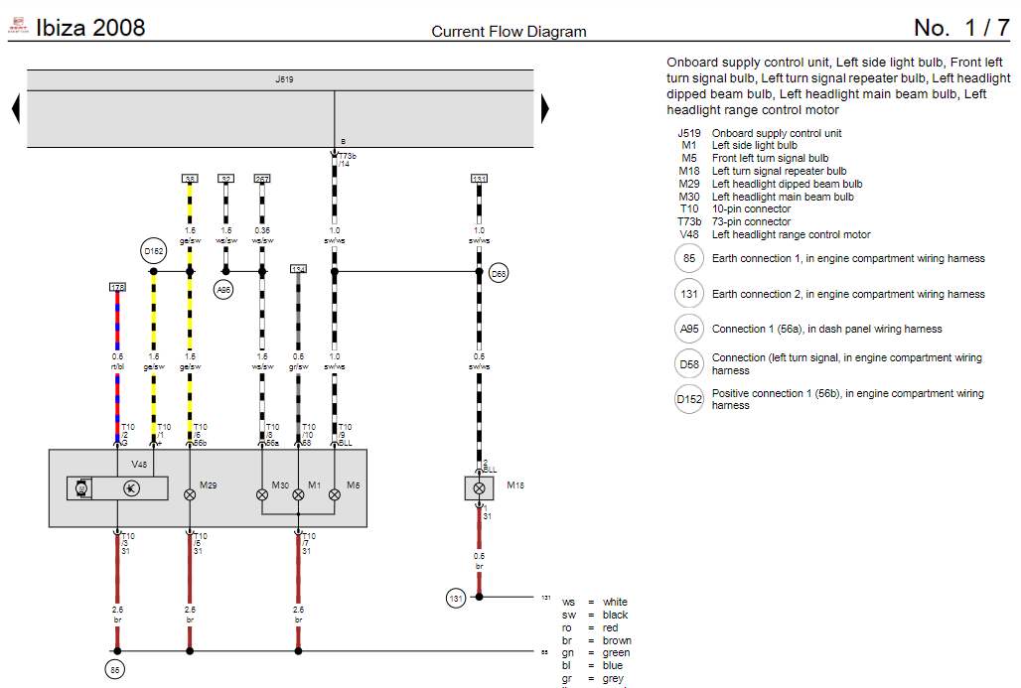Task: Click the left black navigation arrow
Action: click(16, 107)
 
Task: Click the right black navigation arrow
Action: click(544, 107)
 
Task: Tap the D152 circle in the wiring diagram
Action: click(153, 251)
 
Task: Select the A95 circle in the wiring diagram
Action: click(224, 289)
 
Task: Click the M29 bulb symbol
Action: click(190, 493)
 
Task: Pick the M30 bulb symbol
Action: click(262, 493)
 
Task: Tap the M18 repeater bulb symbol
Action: click(479, 488)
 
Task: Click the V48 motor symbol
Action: click(82, 487)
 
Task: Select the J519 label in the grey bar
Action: click(284, 78)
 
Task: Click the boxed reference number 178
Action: click(117, 287)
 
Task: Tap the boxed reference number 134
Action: click(298, 269)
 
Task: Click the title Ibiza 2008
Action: click(90, 28)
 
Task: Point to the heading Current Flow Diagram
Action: click(509, 32)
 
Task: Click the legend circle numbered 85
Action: click(687, 259)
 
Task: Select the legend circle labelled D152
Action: click(688, 400)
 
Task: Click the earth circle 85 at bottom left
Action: click(115, 669)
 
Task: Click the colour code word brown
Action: click(616, 640)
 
